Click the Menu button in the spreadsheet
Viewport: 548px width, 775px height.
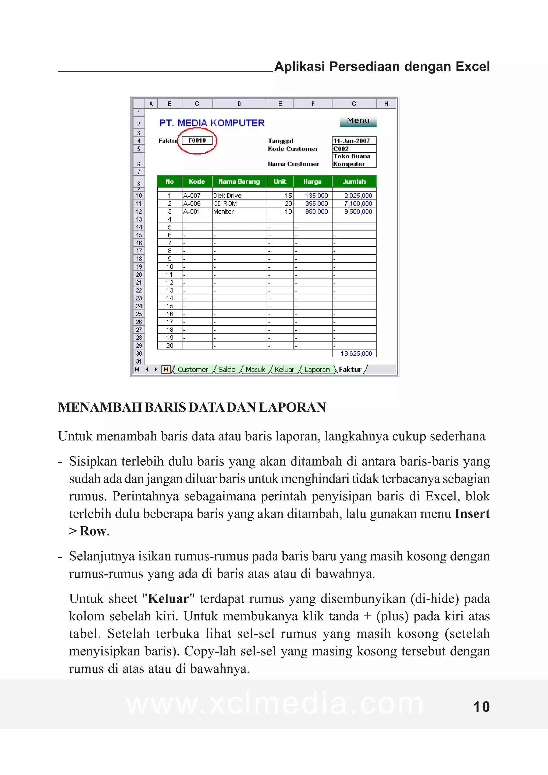click(x=358, y=121)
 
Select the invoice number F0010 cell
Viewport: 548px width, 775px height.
click(x=197, y=140)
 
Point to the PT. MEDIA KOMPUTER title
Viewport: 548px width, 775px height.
click(x=212, y=123)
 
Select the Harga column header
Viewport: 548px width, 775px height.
click(x=312, y=182)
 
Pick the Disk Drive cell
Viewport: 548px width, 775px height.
click(x=227, y=195)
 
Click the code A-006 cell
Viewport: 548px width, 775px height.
click(x=192, y=204)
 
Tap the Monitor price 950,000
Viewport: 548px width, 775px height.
click(x=316, y=211)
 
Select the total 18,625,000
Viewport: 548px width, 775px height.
click(x=356, y=354)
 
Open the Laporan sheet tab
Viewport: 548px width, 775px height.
click(x=317, y=369)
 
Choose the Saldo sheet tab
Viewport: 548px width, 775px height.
click(x=227, y=369)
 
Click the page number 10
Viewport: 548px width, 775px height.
click(x=481, y=707)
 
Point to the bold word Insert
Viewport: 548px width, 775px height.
click(x=472, y=513)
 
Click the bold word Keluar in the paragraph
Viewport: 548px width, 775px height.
click(x=169, y=598)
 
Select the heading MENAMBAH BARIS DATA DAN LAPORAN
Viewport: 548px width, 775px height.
click(x=192, y=407)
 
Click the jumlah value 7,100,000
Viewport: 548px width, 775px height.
click(x=358, y=204)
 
